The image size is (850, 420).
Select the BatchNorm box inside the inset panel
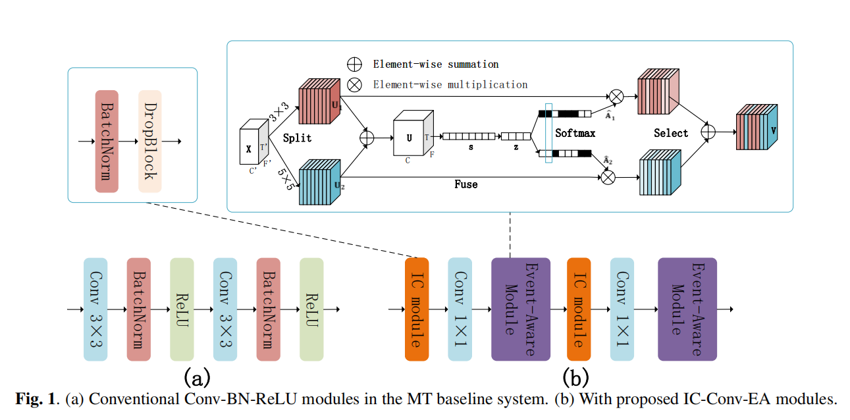click(x=107, y=142)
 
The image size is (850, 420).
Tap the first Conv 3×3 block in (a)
click(x=95, y=309)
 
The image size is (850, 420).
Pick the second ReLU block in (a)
click(x=311, y=309)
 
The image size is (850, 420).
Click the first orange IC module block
click(x=417, y=309)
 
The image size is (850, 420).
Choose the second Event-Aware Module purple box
click(x=687, y=309)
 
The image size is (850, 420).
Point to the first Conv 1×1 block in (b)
click(x=460, y=309)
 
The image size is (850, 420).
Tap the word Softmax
click(x=575, y=133)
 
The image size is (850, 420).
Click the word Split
click(x=297, y=139)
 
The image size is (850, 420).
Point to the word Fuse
click(x=465, y=184)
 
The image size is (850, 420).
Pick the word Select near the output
click(x=671, y=133)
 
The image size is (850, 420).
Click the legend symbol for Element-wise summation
click(x=355, y=64)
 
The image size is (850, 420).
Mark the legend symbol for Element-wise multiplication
click(x=355, y=84)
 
